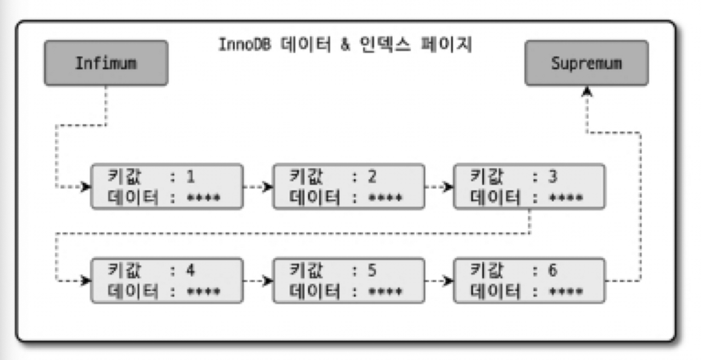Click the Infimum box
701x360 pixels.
click(x=106, y=63)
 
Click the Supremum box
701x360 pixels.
click(x=587, y=63)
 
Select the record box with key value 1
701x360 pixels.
click(x=166, y=186)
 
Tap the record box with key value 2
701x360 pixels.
click(x=349, y=186)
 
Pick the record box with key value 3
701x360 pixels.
click(x=530, y=186)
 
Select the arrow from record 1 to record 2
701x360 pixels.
click(x=258, y=187)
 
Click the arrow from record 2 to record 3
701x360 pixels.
click(x=439, y=187)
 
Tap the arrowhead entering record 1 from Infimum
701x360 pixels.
click(x=85, y=187)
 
